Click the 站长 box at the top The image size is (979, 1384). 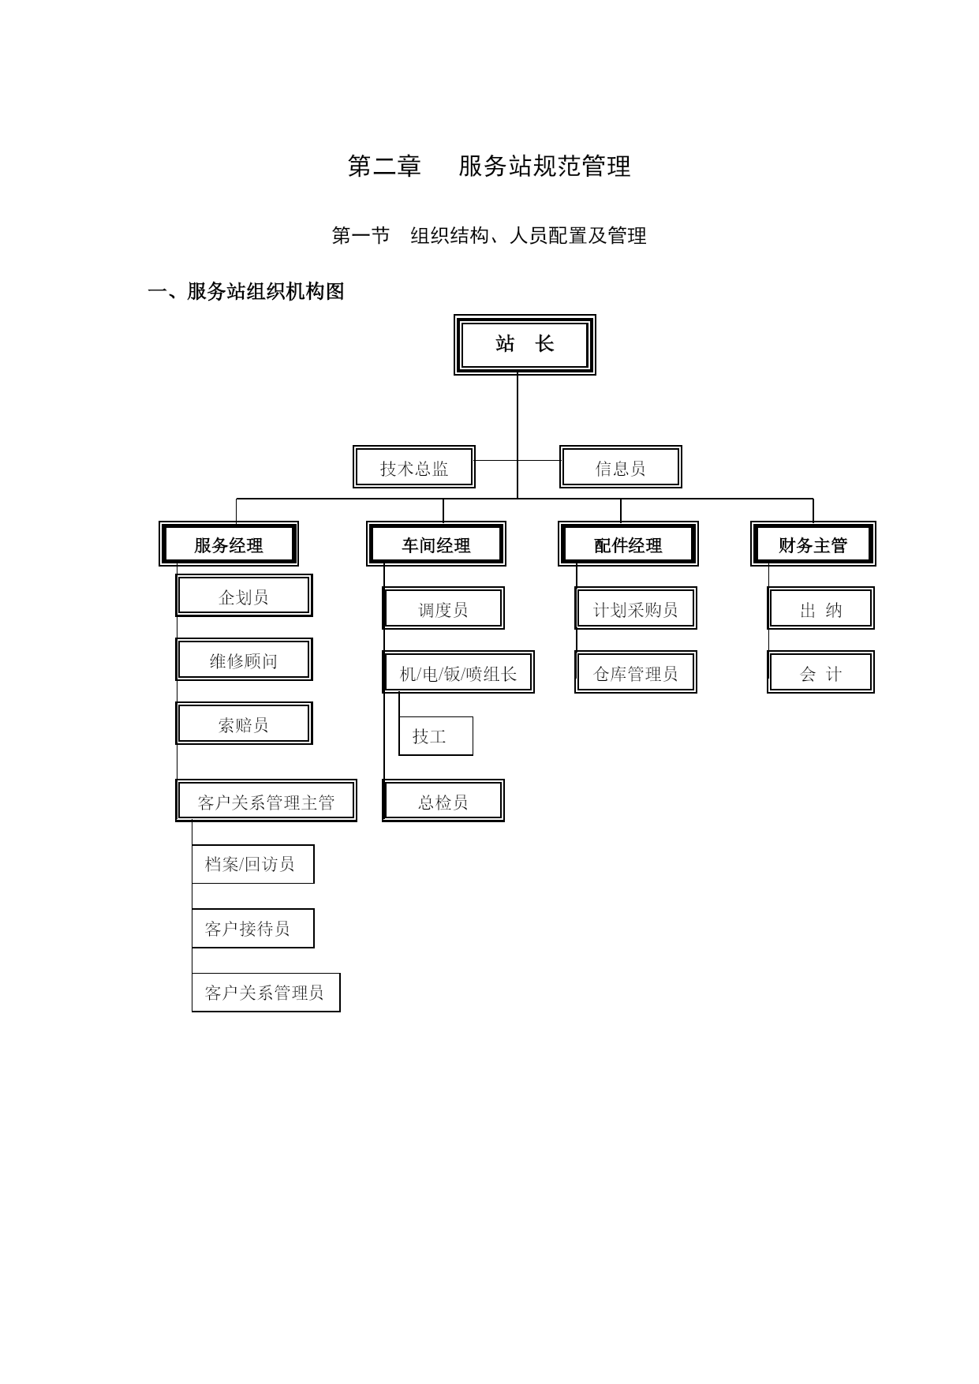click(x=525, y=345)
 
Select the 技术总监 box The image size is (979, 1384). click(x=414, y=467)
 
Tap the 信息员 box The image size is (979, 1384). click(x=621, y=467)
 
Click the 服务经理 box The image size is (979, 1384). click(x=229, y=544)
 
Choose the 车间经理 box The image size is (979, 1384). click(x=436, y=544)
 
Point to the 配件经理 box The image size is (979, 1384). click(x=628, y=544)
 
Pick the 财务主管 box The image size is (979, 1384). click(x=813, y=544)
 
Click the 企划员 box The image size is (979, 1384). click(x=244, y=596)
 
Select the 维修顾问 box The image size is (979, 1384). click(x=244, y=660)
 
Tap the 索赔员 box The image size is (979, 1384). click(x=244, y=724)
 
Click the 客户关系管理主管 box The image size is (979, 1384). click(x=266, y=801)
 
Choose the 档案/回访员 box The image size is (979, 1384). click(x=252, y=864)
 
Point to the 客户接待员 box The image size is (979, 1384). click(x=252, y=928)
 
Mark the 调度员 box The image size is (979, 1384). click(x=443, y=608)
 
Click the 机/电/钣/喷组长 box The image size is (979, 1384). click(x=458, y=672)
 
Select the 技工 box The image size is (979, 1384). click(x=435, y=736)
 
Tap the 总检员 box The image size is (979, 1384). click(x=443, y=801)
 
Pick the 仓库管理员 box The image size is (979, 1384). click(x=636, y=672)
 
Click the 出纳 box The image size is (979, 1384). click(x=820, y=608)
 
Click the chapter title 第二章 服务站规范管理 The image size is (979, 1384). click(x=489, y=166)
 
